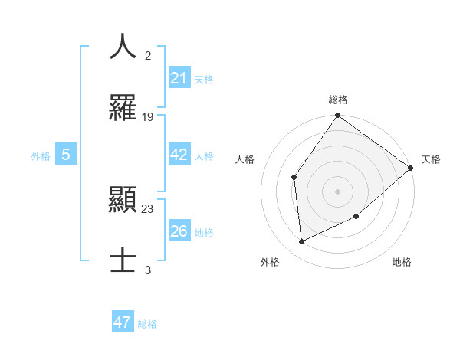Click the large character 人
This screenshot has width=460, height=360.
coord(123,46)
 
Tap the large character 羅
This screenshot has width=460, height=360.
coord(123,109)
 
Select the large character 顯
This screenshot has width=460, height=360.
coord(123,201)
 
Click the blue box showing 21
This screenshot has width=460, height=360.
coord(179,78)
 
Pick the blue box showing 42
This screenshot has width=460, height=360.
coord(179,155)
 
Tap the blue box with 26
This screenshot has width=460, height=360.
coord(179,231)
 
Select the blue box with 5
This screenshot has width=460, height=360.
coord(66,155)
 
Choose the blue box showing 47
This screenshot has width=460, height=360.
coord(123,322)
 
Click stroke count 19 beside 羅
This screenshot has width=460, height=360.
coord(148,117)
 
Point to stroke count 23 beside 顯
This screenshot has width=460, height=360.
coord(148,208)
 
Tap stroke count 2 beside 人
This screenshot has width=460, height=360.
coord(148,55)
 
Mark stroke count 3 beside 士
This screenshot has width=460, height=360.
coord(148,270)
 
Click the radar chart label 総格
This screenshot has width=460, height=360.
coord(338,100)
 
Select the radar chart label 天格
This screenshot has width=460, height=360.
coord(431,159)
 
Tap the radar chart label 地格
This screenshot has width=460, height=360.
coord(402,262)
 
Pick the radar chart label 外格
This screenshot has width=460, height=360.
coord(270,262)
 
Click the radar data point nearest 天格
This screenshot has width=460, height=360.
coord(411,168)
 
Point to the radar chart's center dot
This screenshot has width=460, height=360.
coord(337,191)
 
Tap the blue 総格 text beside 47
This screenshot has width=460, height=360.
coord(147,324)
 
